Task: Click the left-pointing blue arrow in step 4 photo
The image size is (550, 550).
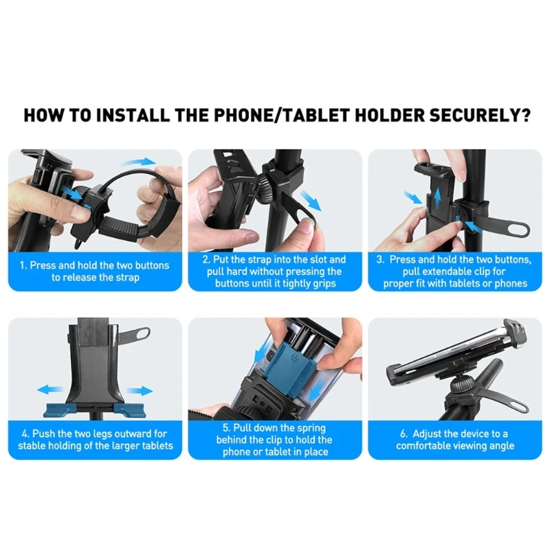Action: pos(49,390)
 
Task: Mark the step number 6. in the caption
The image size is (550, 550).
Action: pos(405,433)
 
